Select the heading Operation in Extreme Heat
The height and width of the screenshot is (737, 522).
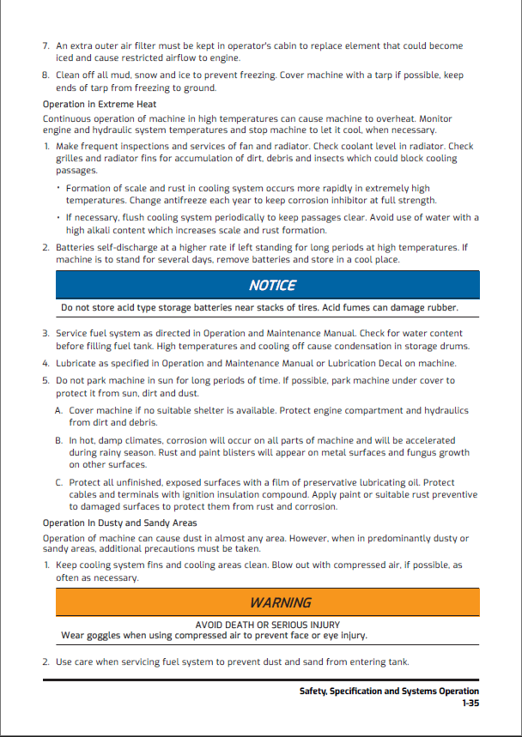tap(100, 105)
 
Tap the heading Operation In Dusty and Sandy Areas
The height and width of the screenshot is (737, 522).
tap(119, 523)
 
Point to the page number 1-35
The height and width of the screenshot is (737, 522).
tap(470, 703)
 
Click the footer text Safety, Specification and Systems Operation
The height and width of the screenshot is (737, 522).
tap(389, 691)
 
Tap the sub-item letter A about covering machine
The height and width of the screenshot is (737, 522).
tap(59, 411)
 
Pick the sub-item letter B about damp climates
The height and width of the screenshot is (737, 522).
tap(59, 440)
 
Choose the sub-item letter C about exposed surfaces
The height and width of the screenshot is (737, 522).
tap(59, 483)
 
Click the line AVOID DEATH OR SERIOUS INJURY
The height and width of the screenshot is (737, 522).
tap(267, 625)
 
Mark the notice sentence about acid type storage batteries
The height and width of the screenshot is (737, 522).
tap(259, 307)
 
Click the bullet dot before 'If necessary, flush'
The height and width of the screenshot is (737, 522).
tap(58, 218)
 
